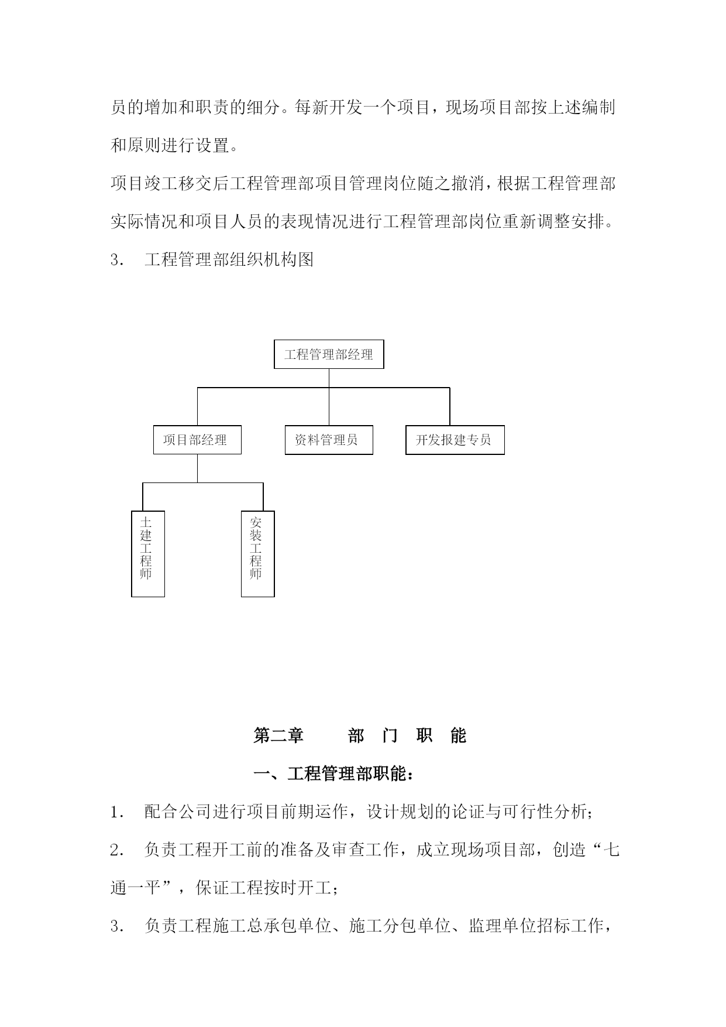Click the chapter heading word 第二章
click(x=278, y=735)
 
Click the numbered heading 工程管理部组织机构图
click(x=229, y=259)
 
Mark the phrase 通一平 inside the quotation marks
click(x=135, y=888)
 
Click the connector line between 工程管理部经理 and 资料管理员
click(x=329, y=397)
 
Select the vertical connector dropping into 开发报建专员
click(x=449, y=406)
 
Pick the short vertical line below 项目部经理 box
click(x=197, y=468)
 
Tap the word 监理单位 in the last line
click(x=502, y=926)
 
